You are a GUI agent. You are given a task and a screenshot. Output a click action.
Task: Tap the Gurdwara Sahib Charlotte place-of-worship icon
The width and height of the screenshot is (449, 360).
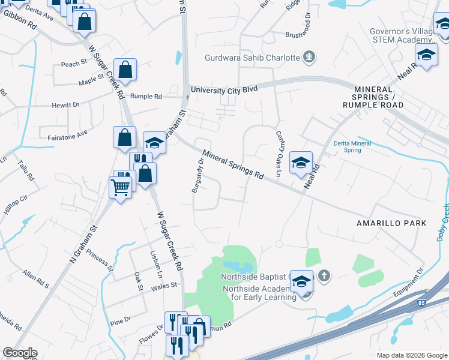tap(310, 58)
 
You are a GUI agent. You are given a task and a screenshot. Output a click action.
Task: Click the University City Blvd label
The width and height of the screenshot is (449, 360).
tap(224, 89)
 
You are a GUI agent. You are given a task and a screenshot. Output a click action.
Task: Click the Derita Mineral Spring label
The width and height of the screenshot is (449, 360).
tap(352, 146)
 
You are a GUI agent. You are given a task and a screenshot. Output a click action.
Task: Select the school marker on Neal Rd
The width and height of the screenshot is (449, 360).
tap(301, 162)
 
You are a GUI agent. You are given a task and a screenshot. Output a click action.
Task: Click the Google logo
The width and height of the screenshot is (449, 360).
tap(20, 353)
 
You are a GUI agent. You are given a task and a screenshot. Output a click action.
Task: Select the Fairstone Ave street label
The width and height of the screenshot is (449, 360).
tap(68, 137)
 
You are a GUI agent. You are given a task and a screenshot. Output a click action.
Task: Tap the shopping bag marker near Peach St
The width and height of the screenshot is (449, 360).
tap(125, 71)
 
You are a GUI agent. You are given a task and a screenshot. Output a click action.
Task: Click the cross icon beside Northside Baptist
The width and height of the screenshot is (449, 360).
tap(324, 276)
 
